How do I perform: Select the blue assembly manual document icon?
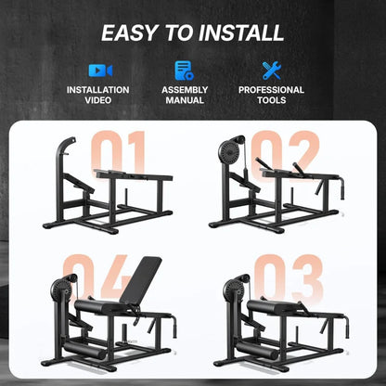tap(184, 70)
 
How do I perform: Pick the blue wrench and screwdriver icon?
tap(271, 70)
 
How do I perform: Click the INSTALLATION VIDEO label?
tap(97, 95)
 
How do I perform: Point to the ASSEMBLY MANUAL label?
tap(184, 95)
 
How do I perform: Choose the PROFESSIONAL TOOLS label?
tap(271, 95)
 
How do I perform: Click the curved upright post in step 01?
tap(62, 162)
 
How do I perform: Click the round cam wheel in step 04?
tap(66, 287)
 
